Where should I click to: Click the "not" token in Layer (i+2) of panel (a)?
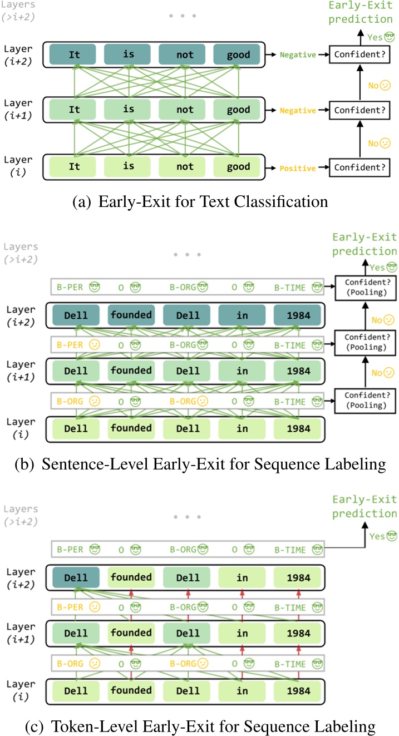pyautogui.click(x=184, y=55)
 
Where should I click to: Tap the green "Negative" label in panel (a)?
pyautogui.click(x=298, y=55)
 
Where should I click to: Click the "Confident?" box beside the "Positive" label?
pyautogui.click(x=358, y=167)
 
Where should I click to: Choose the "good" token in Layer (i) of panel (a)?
pyautogui.click(x=239, y=167)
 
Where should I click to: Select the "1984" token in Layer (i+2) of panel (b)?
pyautogui.click(x=298, y=315)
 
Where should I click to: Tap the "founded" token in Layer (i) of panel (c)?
pyautogui.click(x=131, y=690)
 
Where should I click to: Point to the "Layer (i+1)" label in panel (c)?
pyautogui.click(x=22, y=633)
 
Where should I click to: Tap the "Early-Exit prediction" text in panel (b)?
pyautogui.click(x=364, y=245)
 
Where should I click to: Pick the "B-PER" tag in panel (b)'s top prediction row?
pyautogui.click(x=70, y=289)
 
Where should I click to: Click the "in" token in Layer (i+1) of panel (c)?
pyautogui.click(x=242, y=633)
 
